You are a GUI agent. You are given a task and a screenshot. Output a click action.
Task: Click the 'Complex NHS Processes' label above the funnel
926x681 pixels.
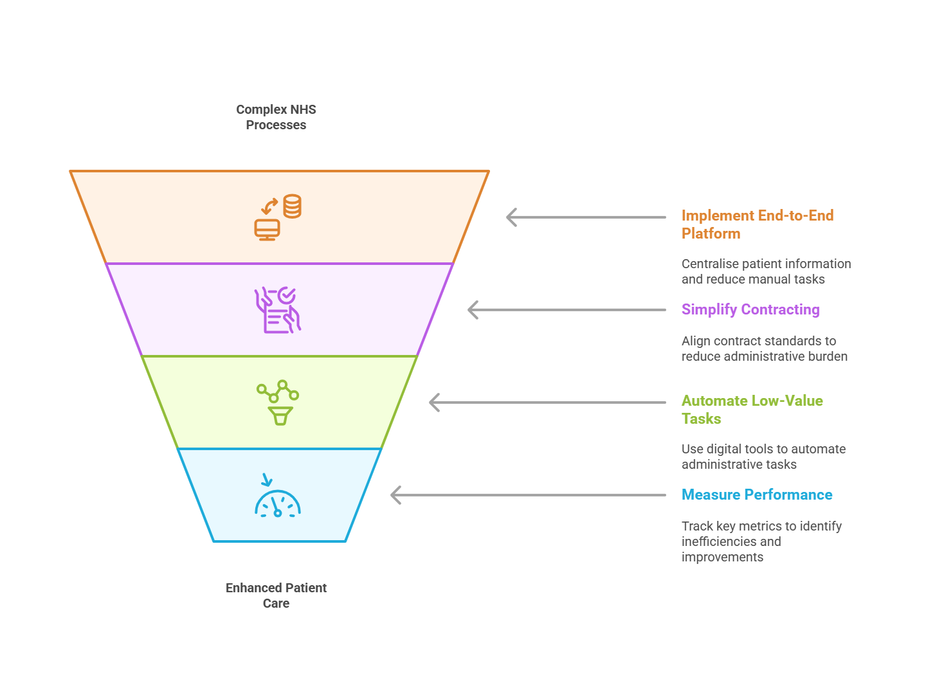(x=276, y=117)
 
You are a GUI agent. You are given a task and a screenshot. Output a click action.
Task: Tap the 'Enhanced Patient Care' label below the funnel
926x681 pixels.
(x=276, y=595)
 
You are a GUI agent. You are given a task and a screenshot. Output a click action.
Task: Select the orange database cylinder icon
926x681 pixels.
(x=292, y=206)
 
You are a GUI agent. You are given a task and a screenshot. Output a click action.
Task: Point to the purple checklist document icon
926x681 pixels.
(x=278, y=311)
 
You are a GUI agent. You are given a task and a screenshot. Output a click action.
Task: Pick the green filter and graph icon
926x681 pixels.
(x=278, y=403)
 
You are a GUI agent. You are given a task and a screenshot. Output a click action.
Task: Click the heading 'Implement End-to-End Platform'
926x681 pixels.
(x=757, y=224)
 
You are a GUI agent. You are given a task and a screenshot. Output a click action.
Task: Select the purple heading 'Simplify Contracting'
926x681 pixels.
(x=750, y=309)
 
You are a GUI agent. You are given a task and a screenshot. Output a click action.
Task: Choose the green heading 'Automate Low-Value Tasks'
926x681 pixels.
(x=752, y=410)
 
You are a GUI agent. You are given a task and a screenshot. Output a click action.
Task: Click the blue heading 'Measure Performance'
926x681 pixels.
(x=757, y=495)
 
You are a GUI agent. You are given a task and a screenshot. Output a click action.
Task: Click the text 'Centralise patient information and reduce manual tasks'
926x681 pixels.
(x=765, y=271)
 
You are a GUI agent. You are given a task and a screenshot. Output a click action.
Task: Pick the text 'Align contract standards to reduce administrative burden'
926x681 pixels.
(x=764, y=349)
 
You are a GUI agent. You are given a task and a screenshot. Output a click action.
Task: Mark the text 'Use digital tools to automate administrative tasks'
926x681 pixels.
(x=763, y=457)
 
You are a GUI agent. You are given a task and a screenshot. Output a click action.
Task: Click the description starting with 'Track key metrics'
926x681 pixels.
(x=761, y=541)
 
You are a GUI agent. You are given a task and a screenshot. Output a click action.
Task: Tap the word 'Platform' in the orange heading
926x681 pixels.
(x=711, y=233)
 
